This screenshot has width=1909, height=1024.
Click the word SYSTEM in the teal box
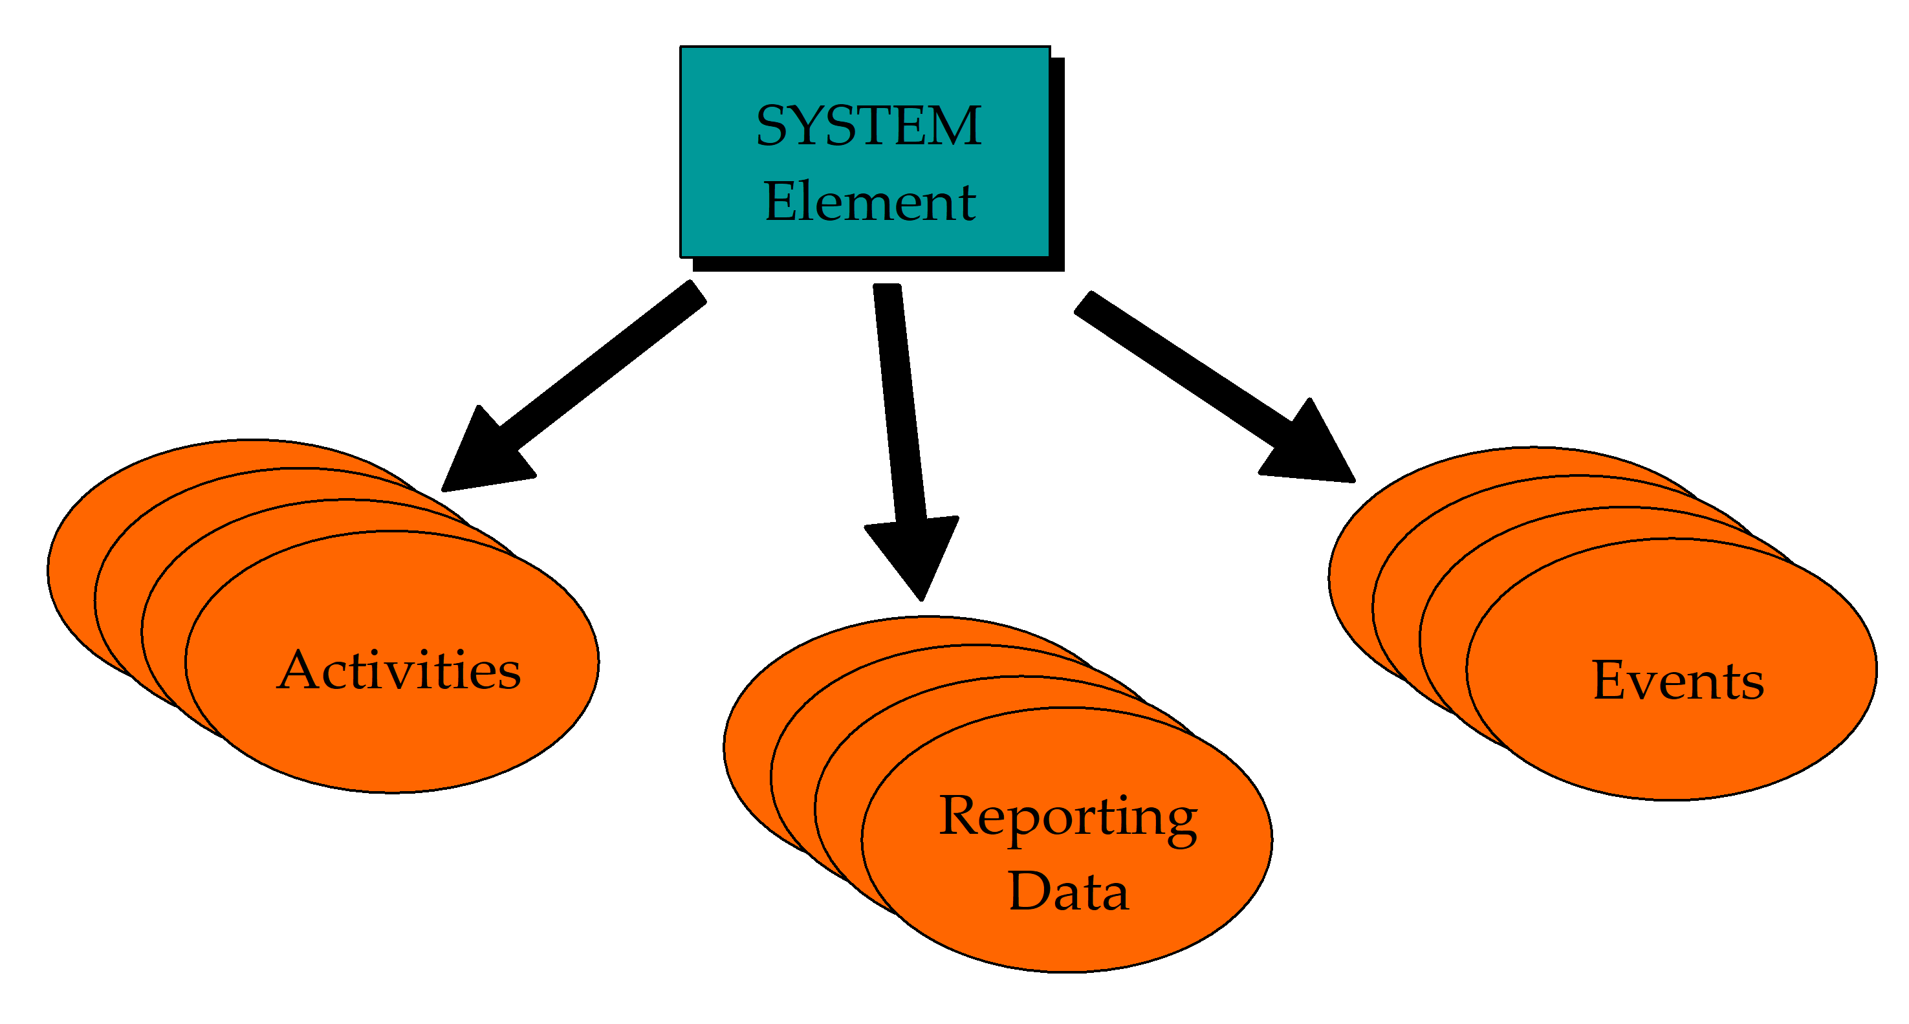click(x=869, y=126)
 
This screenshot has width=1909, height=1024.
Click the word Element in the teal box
click(x=869, y=202)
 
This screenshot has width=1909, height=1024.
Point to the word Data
click(x=1068, y=891)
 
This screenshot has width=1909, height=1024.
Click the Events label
click(x=1678, y=681)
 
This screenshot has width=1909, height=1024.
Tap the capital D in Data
click(x=1030, y=891)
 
